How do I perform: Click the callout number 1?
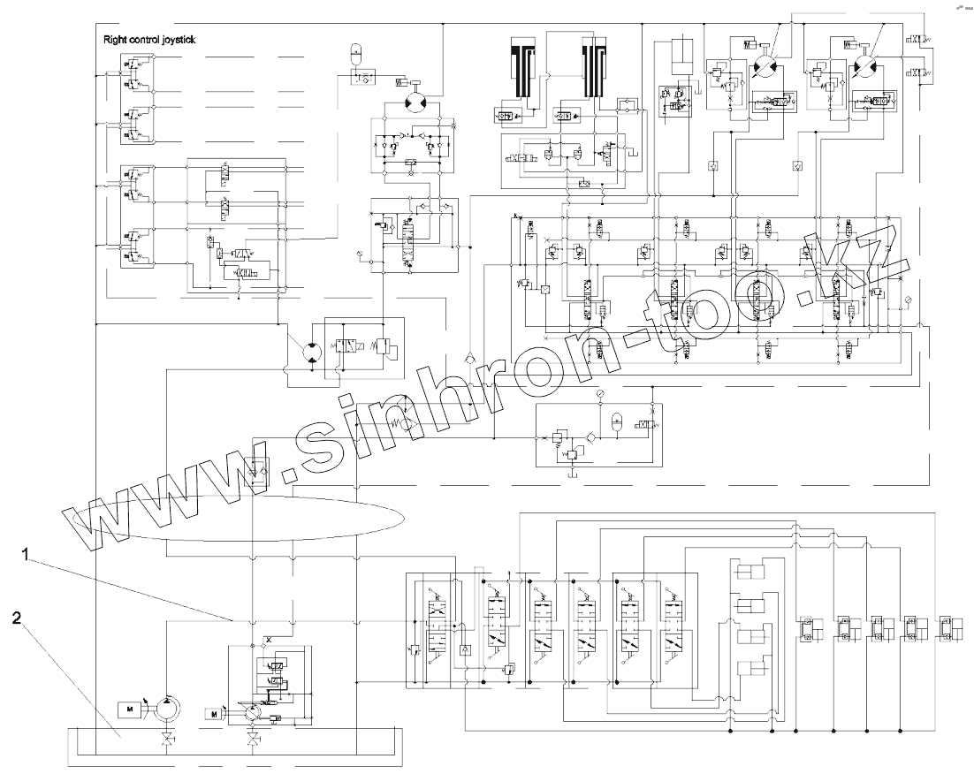pyautogui.click(x=27, y=556)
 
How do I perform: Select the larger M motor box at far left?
pyautogui.click(x=129, y=708)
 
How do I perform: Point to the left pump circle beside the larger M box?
pyautogui.click(x=166, y=708)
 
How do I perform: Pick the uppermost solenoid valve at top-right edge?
pyautogui.click(x=918, y=41)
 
